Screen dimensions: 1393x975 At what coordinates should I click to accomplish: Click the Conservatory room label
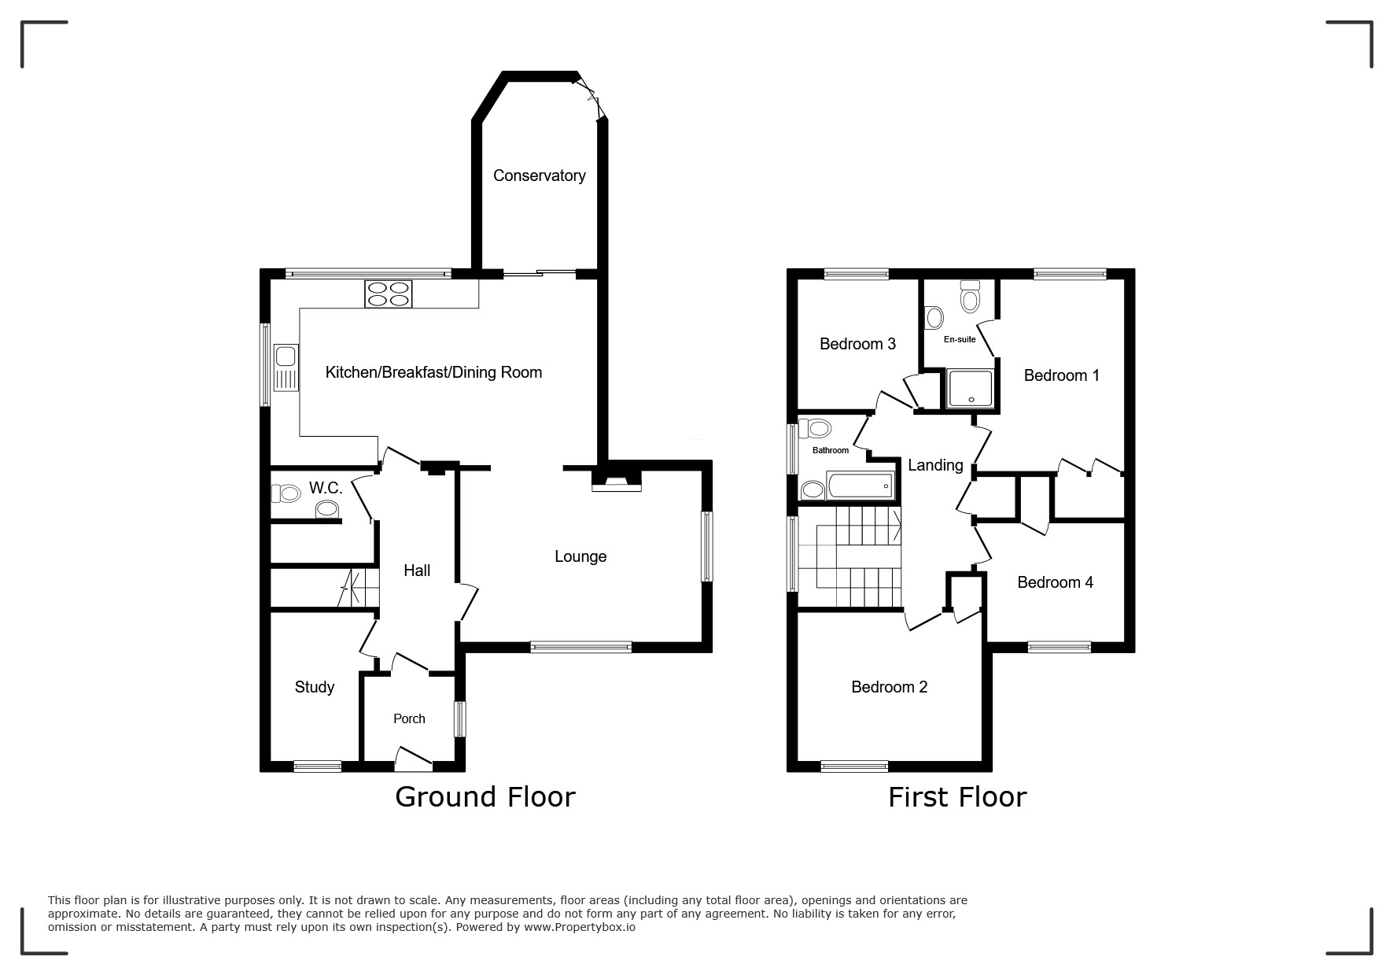539,175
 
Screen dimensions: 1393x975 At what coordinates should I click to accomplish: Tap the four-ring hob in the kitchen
388,294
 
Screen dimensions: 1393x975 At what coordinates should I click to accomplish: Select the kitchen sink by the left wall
286,367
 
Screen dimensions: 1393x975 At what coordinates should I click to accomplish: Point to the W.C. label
326,488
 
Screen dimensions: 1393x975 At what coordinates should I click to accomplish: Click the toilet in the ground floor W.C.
286,493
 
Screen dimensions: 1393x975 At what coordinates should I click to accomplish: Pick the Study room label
315,687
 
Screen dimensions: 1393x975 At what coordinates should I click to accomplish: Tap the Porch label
409,718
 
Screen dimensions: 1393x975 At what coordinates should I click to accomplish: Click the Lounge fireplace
617,481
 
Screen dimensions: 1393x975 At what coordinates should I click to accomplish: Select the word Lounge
580,557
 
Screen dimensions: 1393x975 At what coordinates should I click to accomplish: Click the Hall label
417,571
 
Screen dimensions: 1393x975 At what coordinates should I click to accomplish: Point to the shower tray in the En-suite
971,389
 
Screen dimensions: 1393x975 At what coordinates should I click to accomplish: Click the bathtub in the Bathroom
860,486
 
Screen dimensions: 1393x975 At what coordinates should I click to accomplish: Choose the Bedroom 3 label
857,344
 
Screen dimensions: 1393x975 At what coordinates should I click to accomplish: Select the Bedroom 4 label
1055,582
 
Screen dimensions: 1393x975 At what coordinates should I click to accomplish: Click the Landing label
935,465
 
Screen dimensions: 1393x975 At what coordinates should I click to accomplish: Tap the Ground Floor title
485,797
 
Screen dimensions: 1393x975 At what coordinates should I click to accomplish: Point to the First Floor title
957,797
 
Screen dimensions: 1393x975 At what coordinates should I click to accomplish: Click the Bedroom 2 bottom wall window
854,766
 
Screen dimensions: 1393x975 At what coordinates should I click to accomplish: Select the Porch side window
460,719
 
